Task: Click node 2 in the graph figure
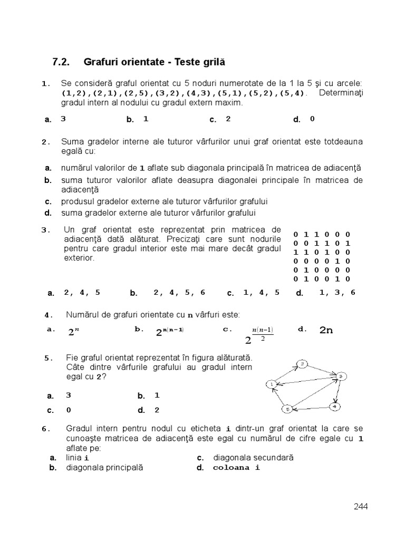point(302,364)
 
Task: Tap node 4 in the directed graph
point(336,406)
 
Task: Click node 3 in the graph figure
point(341,376)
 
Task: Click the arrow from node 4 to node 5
point(311,408)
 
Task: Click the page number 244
point(361,507)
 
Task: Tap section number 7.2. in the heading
point(62,62)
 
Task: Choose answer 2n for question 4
point(326,331)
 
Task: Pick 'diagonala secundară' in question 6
point(253,458)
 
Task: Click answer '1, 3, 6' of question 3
point(337,293)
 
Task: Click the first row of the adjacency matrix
point(322,234)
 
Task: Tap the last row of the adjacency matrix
point(322,278)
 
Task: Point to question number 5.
point(49,358)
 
